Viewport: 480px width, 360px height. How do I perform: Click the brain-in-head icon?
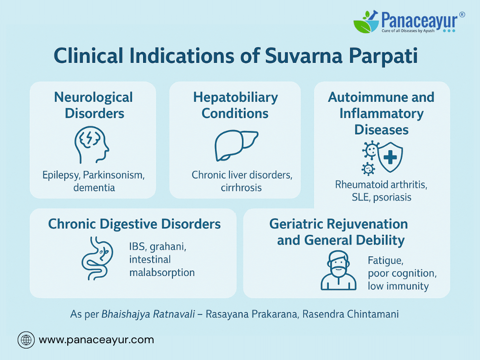point(91,144)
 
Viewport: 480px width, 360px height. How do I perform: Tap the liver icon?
point(236,145)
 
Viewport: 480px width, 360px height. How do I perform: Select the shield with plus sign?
point(390,157)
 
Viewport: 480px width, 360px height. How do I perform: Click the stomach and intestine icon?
point(97,258)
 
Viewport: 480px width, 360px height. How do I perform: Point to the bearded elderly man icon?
point(338,270)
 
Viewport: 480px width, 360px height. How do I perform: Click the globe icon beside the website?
point(26,340)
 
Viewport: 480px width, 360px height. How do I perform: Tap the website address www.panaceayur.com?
point(96,340)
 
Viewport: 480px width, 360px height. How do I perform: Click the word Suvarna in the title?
point(303,56)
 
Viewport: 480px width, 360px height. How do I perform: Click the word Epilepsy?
point(61,175)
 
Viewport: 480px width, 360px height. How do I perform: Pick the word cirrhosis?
point(241,187)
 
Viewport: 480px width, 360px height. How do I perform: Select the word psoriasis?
point(392,197)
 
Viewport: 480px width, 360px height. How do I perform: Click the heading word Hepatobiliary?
point(235,97)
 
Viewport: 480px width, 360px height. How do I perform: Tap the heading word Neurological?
point(94,97)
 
